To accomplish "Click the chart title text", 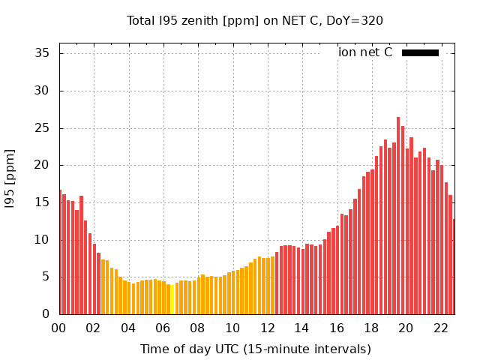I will pyautogui.click(x=255, y=20).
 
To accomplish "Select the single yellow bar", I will pyautogui.click(x=172, y=299).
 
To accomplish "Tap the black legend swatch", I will pyautogui.click(x=420, y=52).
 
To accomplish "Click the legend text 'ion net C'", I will pyautogui.click(x=365, y=52).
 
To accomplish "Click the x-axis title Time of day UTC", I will pyautogui.click(x=255, y=349).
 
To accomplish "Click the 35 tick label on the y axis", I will pyautogui.click(x=42, y=53).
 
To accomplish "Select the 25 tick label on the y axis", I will pyautogui.click(x=42, y=128).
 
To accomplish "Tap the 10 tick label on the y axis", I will pyautogui.click(x=42, y=240).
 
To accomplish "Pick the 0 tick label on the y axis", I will pyautogui.click(x=46, y=314).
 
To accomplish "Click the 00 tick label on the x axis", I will pyautogui.click(x=58, y=328).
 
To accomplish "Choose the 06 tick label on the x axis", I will pyautogui.click(x=163, y=328).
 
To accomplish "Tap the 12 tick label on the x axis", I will pyautogui.click(x=267, y=328).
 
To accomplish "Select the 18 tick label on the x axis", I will pyautogui.click(x=371, y=328).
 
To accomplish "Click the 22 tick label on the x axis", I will pyautogui.click(x=440, y=328).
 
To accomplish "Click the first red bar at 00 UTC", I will pyautogui.click(x=60, y=253).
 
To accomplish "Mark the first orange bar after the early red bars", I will pyautogui.click(x=103, y=287).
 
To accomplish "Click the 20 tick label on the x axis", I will pyautogui.click(x=406, y=328).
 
